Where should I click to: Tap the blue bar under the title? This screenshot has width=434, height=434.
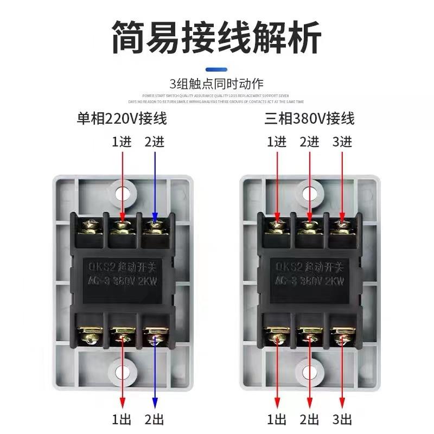coord(216,69)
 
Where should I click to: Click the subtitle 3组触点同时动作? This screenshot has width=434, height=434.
coord(216,84)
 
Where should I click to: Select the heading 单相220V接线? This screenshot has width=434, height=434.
coord(122,118)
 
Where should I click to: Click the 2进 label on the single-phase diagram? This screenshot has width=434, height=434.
coord(155,142)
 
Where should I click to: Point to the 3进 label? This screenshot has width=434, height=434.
coord(342,142)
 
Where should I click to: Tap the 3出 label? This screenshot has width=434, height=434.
coord(342,419)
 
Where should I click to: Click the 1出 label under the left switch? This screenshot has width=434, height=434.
coord(122,419)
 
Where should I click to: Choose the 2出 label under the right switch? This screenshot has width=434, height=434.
coord(310,419)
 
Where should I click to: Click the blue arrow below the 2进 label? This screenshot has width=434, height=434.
coord(155,184)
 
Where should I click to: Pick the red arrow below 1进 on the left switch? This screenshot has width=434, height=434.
coord(123,184)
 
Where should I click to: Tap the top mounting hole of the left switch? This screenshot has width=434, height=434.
coord(122,191)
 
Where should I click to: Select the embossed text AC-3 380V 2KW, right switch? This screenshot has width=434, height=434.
coord(309,282)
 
